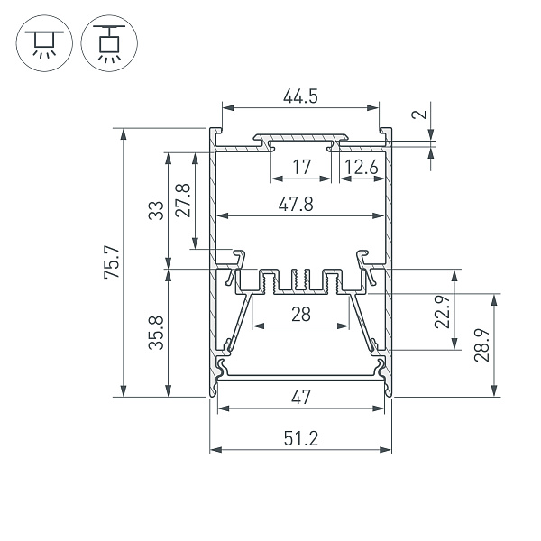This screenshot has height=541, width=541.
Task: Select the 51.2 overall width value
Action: (300, 439)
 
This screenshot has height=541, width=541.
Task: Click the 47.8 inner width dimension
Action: (296, 205)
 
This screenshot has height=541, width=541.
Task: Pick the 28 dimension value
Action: (300, 314)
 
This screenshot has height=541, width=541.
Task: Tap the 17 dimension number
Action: (302, 167)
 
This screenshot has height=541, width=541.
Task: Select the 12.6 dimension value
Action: (361, 167)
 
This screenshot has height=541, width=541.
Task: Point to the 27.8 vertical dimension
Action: (183, 199)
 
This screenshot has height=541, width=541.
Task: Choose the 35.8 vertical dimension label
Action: (155, 332)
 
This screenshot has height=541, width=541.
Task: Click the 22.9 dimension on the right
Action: (442, 312)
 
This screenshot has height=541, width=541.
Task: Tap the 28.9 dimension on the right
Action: (481, 344)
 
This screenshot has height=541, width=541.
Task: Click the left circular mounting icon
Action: (42, 42)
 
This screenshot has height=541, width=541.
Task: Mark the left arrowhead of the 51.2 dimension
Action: (214, 450)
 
